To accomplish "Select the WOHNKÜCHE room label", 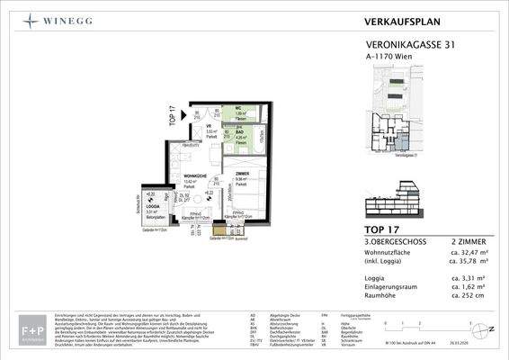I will click(183, 175).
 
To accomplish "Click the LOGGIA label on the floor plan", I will click(150, 206).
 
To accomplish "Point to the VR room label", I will click(208, 126).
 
